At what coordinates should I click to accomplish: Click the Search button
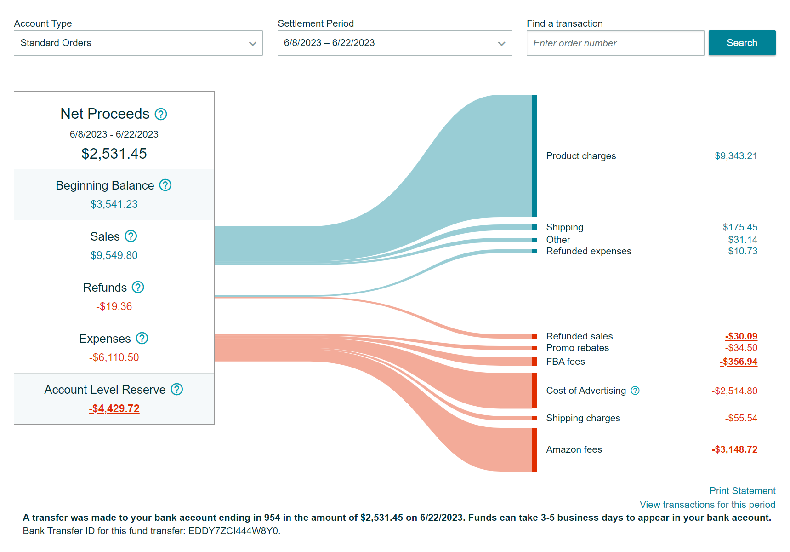(742, 43)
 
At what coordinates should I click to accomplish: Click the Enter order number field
(615, 43)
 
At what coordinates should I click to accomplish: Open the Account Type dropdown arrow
(252, 44)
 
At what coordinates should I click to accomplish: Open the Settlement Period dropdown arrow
(501, 44)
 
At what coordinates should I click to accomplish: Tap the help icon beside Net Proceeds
(161, 114)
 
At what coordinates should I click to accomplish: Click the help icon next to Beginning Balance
(165, 185)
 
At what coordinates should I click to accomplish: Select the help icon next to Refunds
(138, 287)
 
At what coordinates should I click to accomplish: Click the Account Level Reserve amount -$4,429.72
(114, 408)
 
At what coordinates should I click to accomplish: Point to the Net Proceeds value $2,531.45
(114, 154)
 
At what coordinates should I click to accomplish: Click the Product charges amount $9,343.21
(736, 156)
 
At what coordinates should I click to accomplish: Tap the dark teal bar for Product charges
(534, 156)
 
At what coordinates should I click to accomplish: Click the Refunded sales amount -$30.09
(741, 336)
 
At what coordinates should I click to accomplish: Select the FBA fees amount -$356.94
(739, 362)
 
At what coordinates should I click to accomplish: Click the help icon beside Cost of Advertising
(635, 391)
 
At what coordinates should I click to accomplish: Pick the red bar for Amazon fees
(534, 449)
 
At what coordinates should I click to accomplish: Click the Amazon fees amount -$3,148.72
(734, 449)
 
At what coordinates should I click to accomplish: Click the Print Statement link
(742, 491)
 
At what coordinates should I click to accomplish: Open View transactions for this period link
(707, 505)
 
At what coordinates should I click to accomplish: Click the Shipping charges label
(583, 418)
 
